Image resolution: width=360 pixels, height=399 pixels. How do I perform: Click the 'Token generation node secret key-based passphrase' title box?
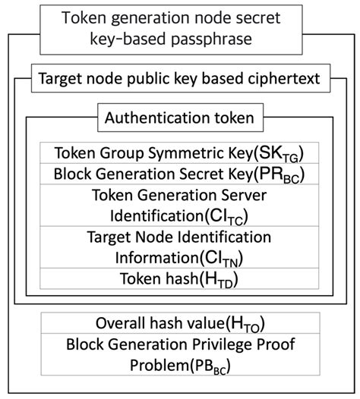point(179,27)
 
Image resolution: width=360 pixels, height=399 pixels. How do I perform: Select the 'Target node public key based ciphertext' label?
point(179,78)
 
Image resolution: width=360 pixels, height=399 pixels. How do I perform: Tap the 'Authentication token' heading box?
point(179,118)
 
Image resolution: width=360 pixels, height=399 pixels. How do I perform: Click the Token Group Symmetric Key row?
point(179,152)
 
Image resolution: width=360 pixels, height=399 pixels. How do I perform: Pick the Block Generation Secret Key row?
point(179,174)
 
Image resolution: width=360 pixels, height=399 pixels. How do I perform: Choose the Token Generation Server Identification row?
point(179,205)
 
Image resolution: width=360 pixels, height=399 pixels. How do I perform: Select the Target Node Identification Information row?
point(179,247)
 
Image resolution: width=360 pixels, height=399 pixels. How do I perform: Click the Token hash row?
point(179,278)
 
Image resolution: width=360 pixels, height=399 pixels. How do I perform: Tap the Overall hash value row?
point(179,322)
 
